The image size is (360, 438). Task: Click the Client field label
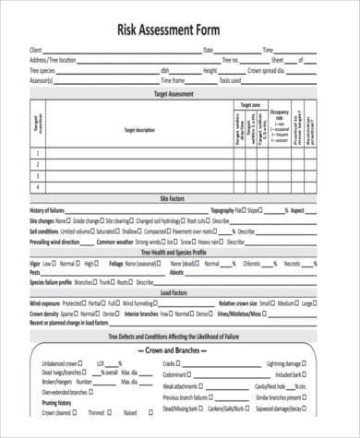click(x=36, y=49)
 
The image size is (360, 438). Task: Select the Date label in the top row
click(x=209, y=49)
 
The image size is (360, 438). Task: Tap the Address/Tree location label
click(x=52, y=59)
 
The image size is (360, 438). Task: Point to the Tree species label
click(x=42, y=69)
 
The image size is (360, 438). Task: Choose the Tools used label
click(x=230, y=79)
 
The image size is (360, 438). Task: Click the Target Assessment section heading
click(x=174, y=94)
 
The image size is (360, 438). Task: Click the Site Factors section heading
click(x=174, y=199)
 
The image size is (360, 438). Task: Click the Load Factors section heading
click(x=174, y=291)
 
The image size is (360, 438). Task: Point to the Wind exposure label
click(x=46, y=302)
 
